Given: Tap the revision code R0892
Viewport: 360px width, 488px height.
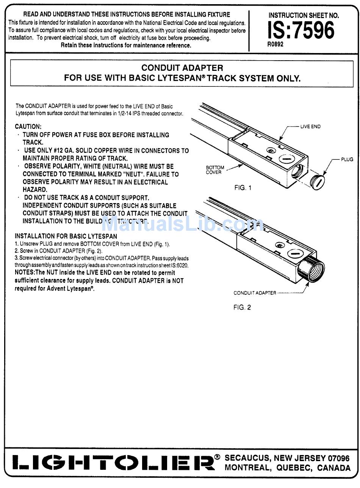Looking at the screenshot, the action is coord(275,44).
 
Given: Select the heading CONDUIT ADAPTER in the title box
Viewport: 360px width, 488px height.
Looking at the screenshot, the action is coord(182,68).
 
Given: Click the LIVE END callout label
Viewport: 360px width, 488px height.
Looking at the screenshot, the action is coord(310,127).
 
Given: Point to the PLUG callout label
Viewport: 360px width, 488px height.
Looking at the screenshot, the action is coord(347,160).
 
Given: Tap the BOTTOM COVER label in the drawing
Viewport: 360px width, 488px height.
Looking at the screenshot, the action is coord(215,170).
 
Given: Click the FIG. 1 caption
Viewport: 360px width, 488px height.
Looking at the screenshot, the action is coord(243,188).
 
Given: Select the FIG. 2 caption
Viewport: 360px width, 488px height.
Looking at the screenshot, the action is coord(242,307).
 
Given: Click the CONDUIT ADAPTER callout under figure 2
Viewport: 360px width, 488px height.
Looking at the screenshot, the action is coord(255,293).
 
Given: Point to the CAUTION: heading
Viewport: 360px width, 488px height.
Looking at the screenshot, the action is coord(28,127).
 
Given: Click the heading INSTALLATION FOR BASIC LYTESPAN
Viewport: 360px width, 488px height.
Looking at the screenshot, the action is coord(66,236).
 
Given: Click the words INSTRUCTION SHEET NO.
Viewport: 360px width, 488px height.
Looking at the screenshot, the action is coord(304,16).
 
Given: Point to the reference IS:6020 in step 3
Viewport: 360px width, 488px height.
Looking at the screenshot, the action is coord(180,266).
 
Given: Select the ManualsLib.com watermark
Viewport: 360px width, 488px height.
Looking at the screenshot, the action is coord(182,224).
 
